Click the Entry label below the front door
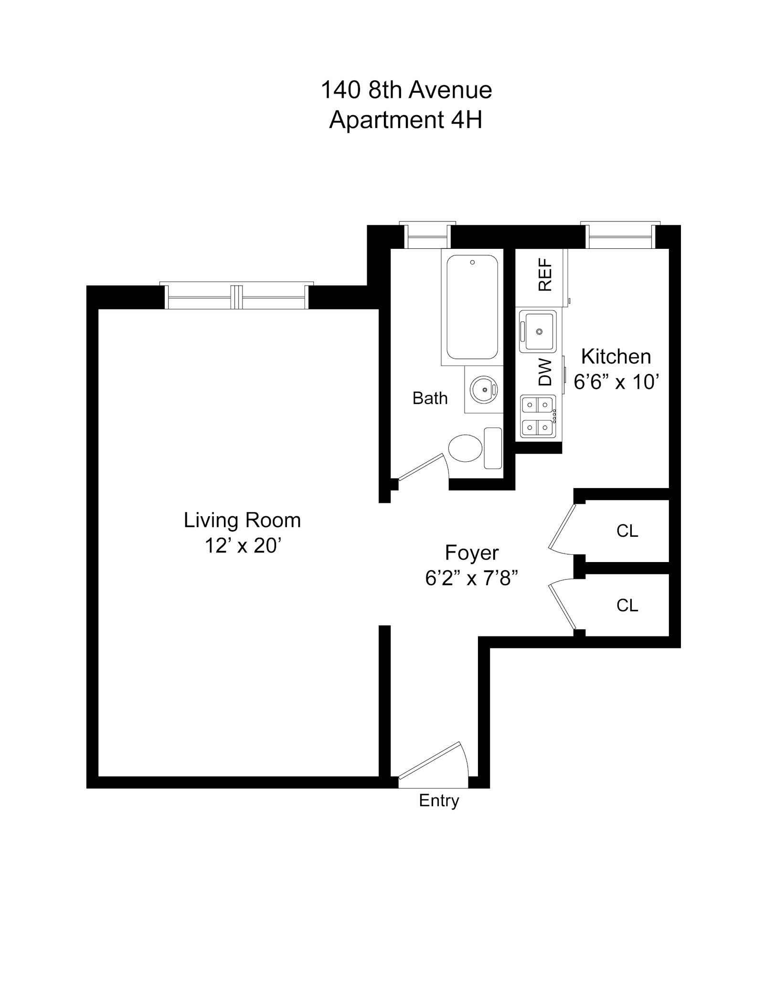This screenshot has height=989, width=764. (438, 800)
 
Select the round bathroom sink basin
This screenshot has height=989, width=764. (484, 390)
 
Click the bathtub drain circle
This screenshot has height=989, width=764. (472, 262)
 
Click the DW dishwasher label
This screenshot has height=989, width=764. (545, 372)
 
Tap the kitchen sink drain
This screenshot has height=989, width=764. (539, 331)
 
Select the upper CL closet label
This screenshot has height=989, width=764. (626, 531)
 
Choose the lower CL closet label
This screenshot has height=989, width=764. (626, 605)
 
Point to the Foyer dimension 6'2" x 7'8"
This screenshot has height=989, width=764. (471, 578)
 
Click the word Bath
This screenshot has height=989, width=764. (430, 398)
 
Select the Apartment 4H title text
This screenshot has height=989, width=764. (405, 119)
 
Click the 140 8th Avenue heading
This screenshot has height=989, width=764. (406, 90)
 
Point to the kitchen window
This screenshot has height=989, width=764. (619, 236)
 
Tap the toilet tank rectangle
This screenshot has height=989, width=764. (492, 448)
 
